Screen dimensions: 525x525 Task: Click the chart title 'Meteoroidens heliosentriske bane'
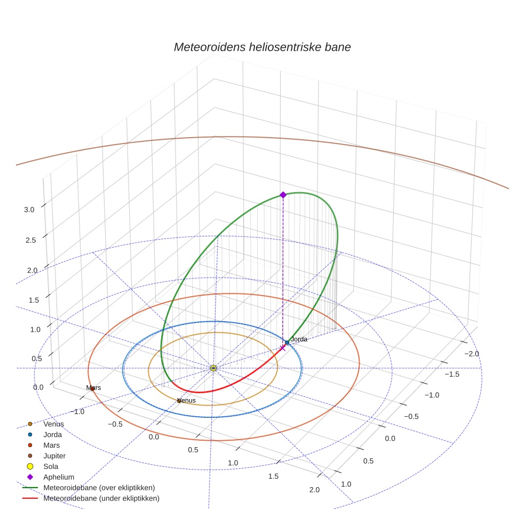tap(262, 47)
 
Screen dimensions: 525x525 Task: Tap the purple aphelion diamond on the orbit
tap(283, 195)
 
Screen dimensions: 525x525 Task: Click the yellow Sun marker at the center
tap(213, 368)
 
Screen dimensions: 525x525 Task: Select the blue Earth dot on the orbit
tap(287, 343)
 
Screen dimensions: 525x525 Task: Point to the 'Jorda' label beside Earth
tap(299, 339)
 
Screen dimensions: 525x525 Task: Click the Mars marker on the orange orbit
tap(92, 389)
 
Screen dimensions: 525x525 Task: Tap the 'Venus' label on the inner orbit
tap(186, 400)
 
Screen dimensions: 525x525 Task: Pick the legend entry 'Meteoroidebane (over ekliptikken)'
tap(99, 488)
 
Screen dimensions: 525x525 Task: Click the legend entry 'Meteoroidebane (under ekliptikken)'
tap(101, 498)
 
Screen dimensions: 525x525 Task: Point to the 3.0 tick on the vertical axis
tap(29, 210)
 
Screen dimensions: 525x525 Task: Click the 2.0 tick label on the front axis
tap(314, 490)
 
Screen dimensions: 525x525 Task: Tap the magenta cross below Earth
tap(283, 348)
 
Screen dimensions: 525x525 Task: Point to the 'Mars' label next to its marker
tap(94, 388)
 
